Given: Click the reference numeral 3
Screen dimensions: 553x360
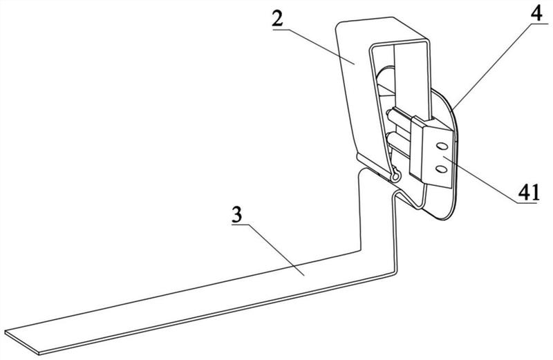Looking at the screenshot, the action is point(236,215).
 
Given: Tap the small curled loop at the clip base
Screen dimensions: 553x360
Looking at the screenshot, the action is point(394,177).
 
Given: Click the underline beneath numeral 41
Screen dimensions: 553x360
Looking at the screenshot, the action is point(529,202).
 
